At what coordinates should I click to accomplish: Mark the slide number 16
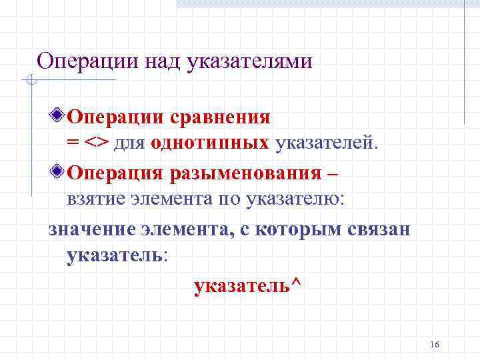point(435,344)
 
